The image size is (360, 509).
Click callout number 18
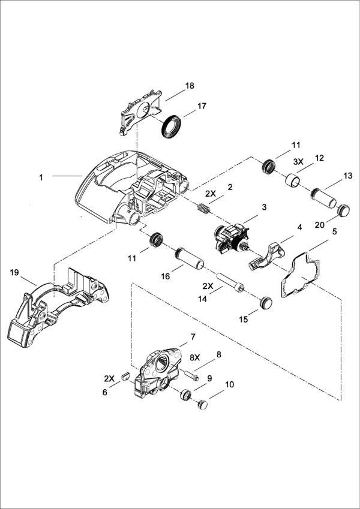click(190, 86)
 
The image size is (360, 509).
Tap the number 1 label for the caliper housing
click(41, 177)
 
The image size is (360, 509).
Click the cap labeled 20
click(343, 210)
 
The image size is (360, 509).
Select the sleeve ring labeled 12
click(292, 180)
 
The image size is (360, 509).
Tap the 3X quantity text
click(298, 162)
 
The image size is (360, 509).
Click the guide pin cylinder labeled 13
click(324, 198)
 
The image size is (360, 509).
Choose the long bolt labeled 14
click(230, 282)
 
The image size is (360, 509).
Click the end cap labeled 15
click(266, 303)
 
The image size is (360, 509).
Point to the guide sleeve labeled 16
click(190, 259)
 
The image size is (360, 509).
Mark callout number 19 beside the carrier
click(14, 272)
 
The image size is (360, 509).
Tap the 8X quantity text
click(195, 357)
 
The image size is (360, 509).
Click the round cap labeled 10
click(203, 405)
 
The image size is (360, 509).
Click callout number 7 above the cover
click(193, 336)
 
